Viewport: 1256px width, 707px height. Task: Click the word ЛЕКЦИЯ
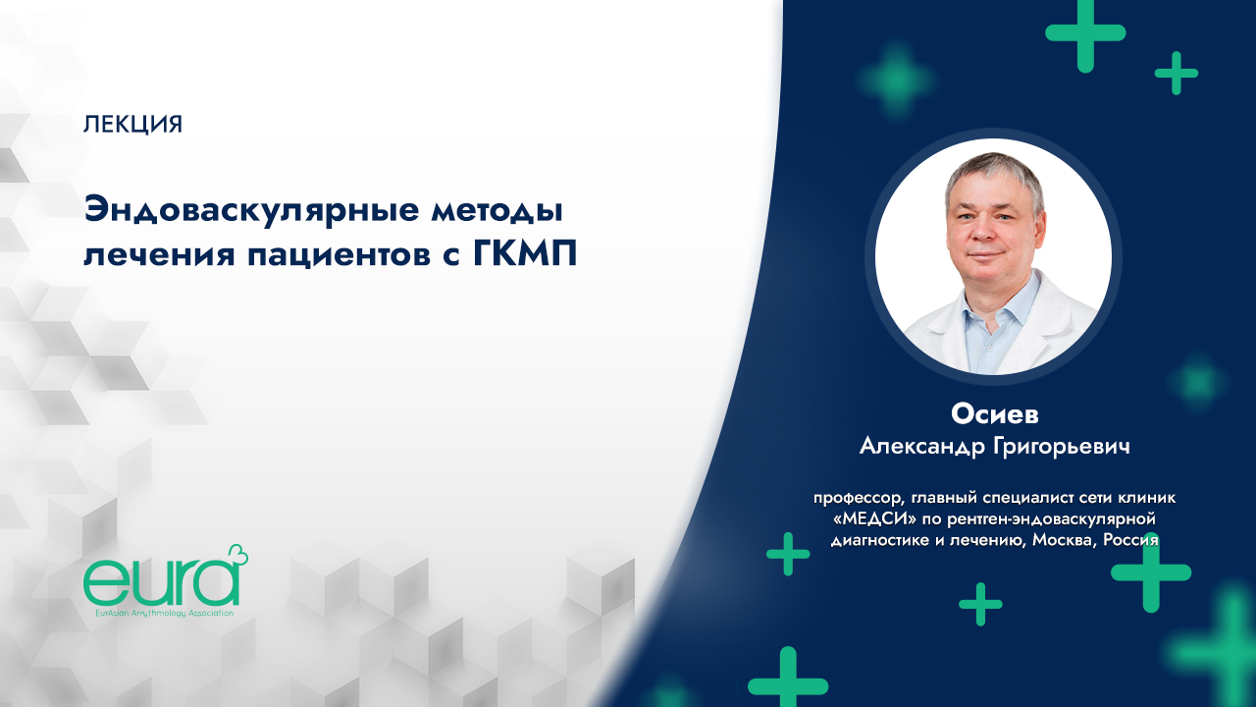pyautogui.click(x=133, y=125)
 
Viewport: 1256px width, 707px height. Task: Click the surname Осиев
pyautogui.click(x=994, y=413)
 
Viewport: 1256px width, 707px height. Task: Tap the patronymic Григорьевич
pyautogui.click(x=1069, y=447)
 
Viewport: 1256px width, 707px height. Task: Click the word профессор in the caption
pyautogui.click(x=852, y=498)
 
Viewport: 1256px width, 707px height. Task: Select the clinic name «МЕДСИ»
pyautogui.click(x=866, y=518)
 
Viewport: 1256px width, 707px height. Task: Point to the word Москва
pyautogui.click(x=1055, y=539)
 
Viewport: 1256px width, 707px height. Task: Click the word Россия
pyautogui.click(x=1129, y=539)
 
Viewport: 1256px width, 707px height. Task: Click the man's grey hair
pyautogui.click(x=991, y=173)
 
